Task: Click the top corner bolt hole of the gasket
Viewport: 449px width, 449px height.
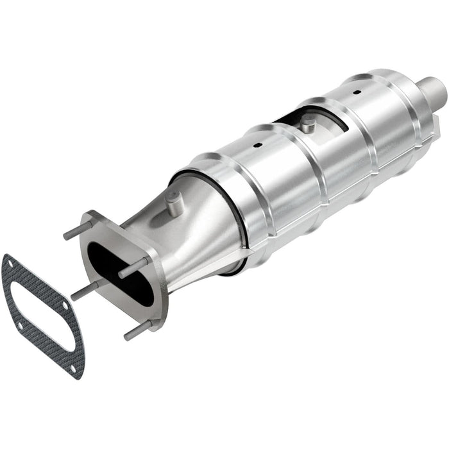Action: [x=11, y=262]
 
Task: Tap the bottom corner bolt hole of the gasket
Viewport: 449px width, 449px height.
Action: [x=74, y=368]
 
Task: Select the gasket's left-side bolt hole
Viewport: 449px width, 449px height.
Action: [x=19, y=325]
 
